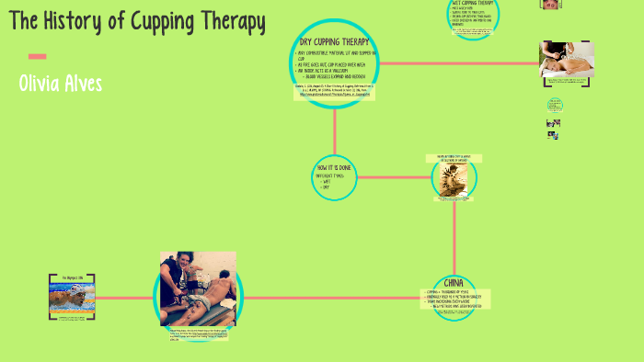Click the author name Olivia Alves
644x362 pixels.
61,84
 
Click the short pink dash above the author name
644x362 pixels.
37,56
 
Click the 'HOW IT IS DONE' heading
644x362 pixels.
333,168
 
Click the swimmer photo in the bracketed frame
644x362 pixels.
71,296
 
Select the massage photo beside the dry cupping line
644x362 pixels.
566,62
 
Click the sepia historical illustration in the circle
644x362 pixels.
454,180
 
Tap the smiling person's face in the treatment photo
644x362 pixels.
195,270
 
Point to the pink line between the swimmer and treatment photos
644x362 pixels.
124,297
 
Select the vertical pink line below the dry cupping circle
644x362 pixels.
335,129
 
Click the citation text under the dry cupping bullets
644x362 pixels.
335,92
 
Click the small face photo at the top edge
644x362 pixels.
551,4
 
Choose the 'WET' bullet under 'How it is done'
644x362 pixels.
326,182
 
